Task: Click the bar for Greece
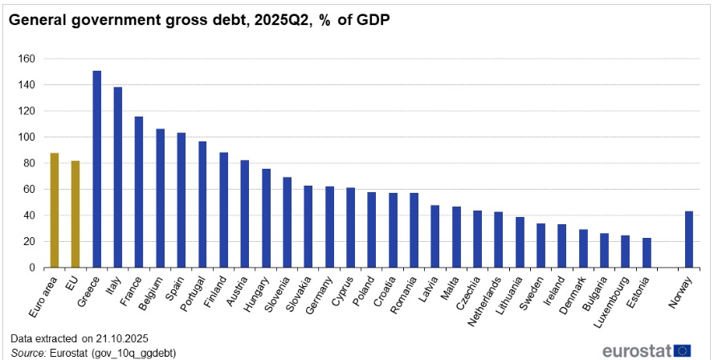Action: pyautogui.click(x=97, y=169)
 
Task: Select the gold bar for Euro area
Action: pyautogui.click(x=55, y=210)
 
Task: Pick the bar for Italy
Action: pyautogui.click(x=118, y=177)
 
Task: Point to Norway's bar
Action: pyautogui.click(x=689, y=239)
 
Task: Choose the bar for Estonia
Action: pyautogui.click(x=647, y=252)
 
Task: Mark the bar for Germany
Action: pyautogui.click(x=329, y=227)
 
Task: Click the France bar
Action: pyautogui.click(x=139, y=192)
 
